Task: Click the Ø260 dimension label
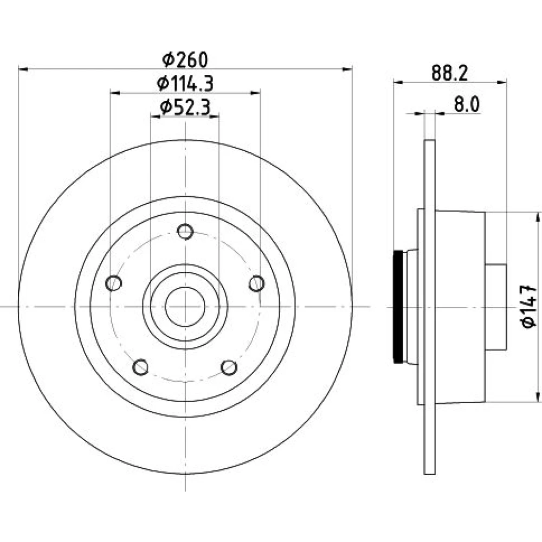(x=185, y=60)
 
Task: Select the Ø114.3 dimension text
(x=185, y=83)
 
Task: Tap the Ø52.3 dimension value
(x=185, y=107)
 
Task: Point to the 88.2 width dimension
(x=449, y=73)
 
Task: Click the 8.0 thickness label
(x=467, y=105)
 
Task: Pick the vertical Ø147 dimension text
(x=528, y=306)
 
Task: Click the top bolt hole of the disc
(x=185, y=231)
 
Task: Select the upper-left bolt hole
(x=113, y=283)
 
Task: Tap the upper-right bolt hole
(x=256, y=283)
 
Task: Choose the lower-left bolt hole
(x=140, y=367)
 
